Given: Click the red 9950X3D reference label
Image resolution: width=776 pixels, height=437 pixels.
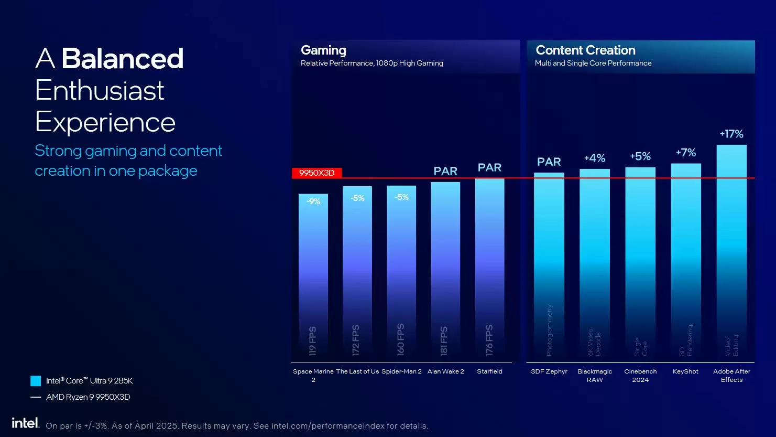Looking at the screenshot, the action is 316,173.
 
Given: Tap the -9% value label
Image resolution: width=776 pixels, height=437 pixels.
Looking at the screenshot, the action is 313,201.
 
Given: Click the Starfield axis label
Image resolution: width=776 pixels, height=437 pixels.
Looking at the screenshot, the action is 489,371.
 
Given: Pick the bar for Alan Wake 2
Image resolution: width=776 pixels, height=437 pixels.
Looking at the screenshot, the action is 445,270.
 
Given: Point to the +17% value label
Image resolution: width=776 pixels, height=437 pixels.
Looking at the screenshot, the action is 731,134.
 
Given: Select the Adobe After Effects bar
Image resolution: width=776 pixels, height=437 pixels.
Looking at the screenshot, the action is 731,252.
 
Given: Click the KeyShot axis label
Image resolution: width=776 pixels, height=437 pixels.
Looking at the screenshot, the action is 685,371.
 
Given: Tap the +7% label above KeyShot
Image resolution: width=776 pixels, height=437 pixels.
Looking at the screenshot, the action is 686,153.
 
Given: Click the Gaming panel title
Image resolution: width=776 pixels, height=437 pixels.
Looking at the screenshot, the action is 323,50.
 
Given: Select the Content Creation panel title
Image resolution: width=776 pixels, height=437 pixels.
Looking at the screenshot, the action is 585,50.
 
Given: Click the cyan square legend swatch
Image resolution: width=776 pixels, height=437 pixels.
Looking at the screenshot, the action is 36,381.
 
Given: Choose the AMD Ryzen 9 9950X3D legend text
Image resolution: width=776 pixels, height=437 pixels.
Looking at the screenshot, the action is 88,397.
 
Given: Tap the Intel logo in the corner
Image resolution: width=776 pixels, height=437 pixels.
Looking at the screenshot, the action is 25,423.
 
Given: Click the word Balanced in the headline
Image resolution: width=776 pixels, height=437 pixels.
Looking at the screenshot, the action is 123,59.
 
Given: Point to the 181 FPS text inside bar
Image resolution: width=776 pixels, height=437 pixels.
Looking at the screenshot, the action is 444,341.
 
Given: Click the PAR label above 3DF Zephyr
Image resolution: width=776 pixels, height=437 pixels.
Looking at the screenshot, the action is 549,162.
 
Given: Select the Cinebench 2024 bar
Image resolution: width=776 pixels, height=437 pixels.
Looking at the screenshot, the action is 640,262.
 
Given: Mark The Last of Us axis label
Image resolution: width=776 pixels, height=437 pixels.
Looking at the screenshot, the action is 357,371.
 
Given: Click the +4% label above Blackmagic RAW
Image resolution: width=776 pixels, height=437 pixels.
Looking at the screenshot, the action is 595,158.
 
